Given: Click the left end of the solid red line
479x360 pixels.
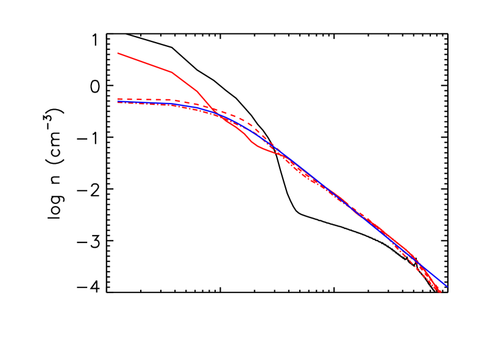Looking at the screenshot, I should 118,53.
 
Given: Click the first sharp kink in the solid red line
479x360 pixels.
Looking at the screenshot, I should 172,72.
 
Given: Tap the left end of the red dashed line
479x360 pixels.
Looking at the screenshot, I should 118,99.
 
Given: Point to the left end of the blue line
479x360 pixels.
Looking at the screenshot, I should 118,102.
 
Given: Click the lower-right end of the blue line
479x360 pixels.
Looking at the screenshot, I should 447,286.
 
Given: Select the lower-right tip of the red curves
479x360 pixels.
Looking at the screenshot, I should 440,292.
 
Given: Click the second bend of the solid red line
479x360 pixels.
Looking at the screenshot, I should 197,91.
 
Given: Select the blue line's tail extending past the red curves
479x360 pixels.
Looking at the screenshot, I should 444,283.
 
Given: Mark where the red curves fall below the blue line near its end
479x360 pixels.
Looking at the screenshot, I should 427,274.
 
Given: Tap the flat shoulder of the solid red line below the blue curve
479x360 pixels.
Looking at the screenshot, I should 265,149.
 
